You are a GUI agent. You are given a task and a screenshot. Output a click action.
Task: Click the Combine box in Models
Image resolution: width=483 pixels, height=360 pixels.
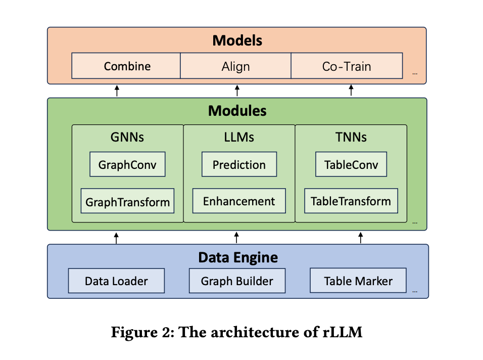pos(126,66)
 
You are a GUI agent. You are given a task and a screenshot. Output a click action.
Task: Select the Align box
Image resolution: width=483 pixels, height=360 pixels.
pos(235,66)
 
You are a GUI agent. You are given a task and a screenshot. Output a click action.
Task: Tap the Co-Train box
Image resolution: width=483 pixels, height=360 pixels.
pos(347,66)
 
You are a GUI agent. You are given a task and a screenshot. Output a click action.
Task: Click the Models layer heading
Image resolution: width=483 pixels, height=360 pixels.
pos(237,40)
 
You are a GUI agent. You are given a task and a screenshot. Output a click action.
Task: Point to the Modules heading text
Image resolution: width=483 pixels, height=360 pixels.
pos(237,110)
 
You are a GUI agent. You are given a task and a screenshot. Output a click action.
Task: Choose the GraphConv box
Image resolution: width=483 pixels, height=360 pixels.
pos(127,165)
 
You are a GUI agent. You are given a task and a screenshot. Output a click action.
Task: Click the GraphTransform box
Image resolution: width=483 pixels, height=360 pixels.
pos(127,202)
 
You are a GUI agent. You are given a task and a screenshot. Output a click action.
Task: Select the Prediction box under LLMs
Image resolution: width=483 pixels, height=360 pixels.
pos(239,165)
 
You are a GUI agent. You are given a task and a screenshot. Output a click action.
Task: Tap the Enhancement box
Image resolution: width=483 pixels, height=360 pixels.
pos(239,201)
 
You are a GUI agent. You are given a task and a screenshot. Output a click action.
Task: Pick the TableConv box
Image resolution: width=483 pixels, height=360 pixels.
pos(351,165)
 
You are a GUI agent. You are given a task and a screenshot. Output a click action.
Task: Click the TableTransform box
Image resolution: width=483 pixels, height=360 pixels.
pos(351,201)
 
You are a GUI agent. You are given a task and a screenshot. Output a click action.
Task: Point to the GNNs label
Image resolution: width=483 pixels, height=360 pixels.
pos(127,137)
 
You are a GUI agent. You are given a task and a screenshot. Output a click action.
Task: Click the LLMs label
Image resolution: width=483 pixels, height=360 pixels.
pos(239,137)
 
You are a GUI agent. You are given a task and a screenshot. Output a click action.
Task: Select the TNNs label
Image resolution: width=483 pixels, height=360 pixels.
pos(351,137)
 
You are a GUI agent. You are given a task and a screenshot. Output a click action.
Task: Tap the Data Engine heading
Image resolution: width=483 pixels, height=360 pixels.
pos(237,257)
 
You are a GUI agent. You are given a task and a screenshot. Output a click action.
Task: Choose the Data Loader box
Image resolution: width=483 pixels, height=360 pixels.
pos(116,281)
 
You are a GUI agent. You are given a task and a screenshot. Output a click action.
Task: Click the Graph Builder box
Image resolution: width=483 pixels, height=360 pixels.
pos(237,281)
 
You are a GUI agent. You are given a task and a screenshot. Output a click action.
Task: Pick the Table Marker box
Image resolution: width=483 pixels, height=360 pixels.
pos(358,281)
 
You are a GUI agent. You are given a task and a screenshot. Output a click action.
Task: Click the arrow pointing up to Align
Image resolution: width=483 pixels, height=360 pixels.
pos(237,91)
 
